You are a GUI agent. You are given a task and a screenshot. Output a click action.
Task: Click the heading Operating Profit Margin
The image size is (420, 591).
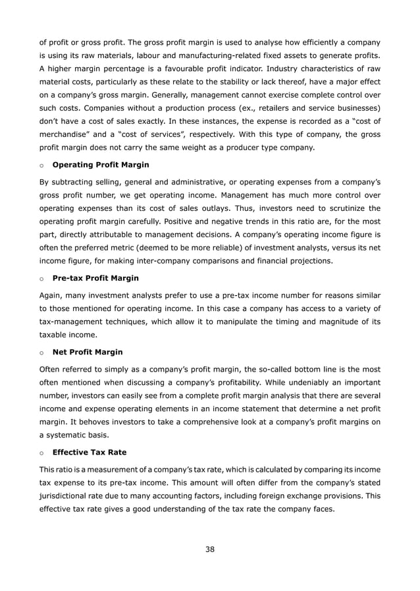100,164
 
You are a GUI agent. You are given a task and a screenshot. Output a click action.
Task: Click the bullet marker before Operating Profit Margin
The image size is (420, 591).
41,165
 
